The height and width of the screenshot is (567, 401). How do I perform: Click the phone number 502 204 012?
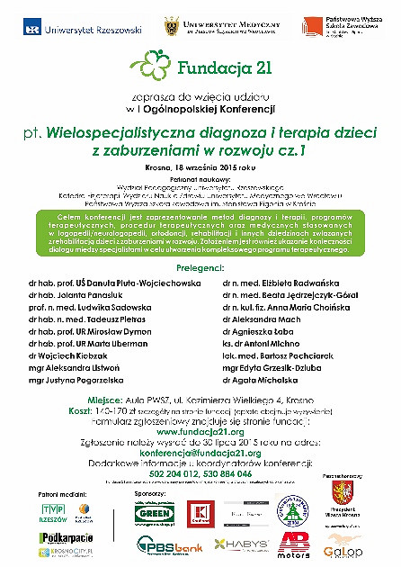tap(169, 473)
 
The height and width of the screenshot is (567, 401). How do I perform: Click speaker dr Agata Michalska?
tap(258, 381)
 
